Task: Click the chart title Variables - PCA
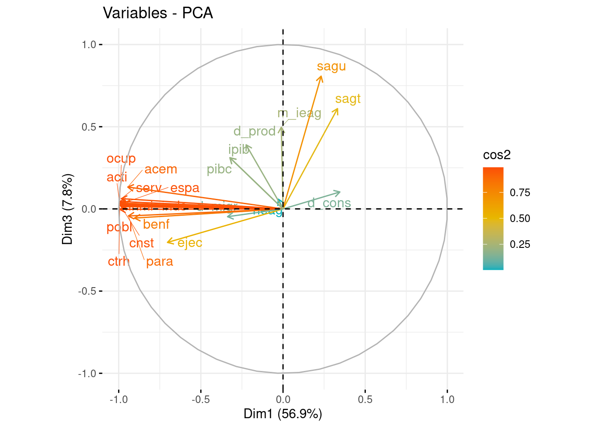coord(158,13)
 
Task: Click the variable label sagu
coord(331,66)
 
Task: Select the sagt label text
coord(348,99)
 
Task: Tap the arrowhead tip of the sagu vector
coord(321,77)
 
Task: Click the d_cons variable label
coord(329,203)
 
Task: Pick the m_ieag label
coord(299,113)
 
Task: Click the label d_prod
coord(254,132)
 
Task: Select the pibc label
coord(219,169)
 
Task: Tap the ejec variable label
coord(190,243)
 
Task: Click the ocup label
coord(121,159)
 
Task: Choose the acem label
coord(160,169)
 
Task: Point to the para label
coord(159,262)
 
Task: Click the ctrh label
coord(118,261)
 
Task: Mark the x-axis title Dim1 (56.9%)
coord(283,414)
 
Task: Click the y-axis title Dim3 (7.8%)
coord(67,209)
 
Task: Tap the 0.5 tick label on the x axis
coord(365,399)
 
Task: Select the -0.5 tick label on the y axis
coord(87,291)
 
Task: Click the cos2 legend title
coord(496,155)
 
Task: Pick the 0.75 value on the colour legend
coord(520,193)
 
